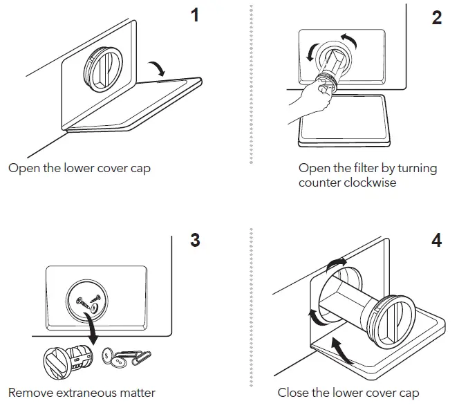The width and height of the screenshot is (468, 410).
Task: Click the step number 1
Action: (195, 15)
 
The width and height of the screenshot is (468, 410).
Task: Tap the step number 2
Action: (436, 18)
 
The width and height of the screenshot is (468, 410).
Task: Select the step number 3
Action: (195, 241)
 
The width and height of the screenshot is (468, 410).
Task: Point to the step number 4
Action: (436, 241)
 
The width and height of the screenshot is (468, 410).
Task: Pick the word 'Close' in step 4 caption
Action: (294, 393)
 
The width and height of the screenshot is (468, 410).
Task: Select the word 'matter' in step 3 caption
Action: (135, 393)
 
